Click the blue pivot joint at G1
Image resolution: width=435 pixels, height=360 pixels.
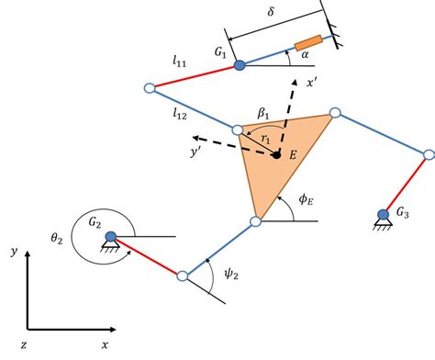(x=240, y=65)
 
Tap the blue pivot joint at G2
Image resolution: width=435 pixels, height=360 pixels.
(x=111, y=236)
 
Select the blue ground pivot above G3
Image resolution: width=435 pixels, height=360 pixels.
(x=383, y=215)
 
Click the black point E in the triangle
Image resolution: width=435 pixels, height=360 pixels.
(x=275, y=154)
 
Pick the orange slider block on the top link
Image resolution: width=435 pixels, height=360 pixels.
(x=307, y=43)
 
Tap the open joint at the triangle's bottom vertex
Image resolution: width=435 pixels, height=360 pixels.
(x=257, y=221)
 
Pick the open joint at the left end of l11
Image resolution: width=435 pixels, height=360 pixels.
(x=150, y=88)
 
